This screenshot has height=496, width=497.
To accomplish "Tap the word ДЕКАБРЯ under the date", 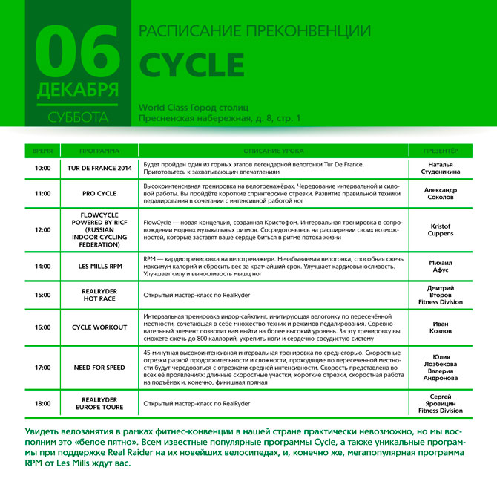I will point(77,90).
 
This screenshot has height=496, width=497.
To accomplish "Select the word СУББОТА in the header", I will point(77,117).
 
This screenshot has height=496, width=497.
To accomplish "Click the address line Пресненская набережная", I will point(220,118).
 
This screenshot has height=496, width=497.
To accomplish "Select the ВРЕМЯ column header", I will point(43,150).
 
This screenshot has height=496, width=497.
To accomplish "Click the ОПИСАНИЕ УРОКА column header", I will point(274,150).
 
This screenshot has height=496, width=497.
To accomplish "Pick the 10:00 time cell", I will point(43,168).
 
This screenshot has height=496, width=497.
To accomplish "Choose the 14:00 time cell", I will point(43,265).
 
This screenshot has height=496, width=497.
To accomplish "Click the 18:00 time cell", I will point(43,403).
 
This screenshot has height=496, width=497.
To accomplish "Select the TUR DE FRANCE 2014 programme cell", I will point(99,168).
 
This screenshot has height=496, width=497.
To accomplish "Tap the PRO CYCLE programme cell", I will point(99,193).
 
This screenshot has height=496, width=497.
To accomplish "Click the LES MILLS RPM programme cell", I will point(99,265).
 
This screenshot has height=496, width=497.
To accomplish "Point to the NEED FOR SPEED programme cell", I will point(99,367).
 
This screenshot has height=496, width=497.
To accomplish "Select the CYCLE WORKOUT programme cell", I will point(99,327).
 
